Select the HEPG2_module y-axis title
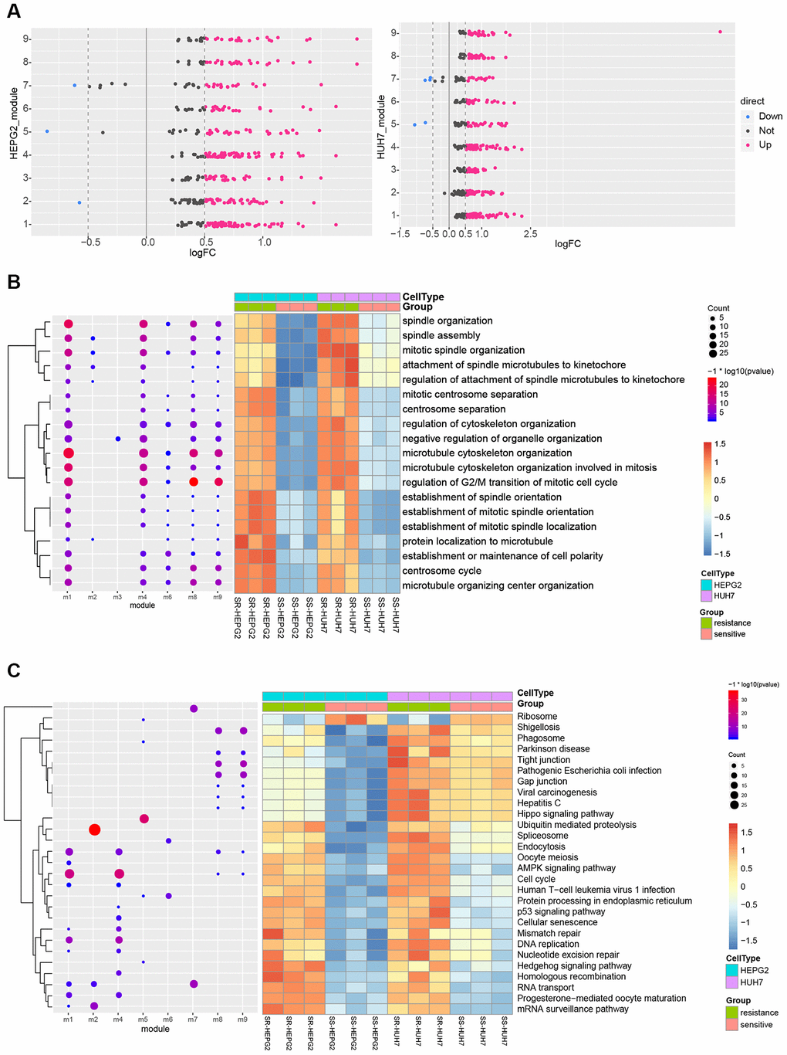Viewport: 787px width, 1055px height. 14,124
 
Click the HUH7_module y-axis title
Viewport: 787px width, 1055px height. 381,127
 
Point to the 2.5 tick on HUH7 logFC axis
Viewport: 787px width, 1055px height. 530,234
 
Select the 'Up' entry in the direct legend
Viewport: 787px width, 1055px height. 765,144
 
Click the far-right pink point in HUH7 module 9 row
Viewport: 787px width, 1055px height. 720,32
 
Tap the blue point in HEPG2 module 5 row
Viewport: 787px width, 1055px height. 47,131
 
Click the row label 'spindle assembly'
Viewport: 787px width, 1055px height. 441,335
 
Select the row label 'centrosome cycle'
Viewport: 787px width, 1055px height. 441,571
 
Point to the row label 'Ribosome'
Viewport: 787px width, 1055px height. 537,716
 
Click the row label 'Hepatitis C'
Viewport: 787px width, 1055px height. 539,802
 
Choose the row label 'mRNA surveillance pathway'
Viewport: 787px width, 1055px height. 573,1009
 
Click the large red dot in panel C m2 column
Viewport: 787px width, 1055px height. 94,829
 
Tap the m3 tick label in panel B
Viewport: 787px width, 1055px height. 117,597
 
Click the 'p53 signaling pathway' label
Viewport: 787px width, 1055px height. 561,911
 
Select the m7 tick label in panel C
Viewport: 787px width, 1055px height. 193,1019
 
